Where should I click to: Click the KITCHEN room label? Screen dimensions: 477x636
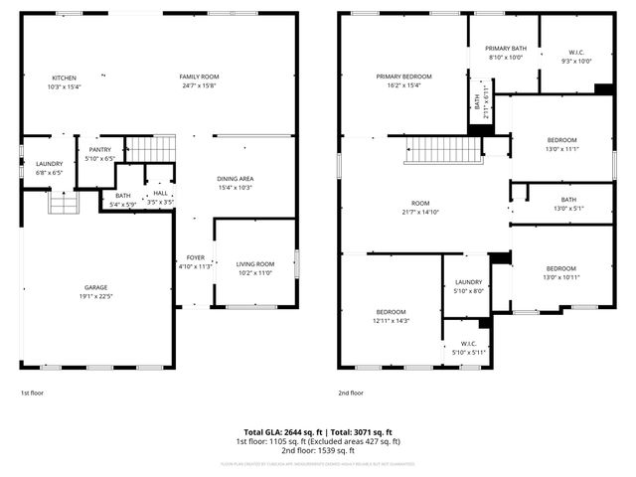(x=64, y=78)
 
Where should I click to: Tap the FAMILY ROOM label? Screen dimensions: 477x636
(x=199, y=78)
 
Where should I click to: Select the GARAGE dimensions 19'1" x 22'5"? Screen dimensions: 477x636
(x=96, y=296)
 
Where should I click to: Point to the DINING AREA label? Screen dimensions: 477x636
(x=236, y=178)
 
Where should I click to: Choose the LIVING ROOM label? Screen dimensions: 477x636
(x=255, y=263)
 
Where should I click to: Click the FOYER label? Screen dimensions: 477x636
(x=195, y=257)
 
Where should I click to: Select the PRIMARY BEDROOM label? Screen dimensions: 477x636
(x=403, y=77)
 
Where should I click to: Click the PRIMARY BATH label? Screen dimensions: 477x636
(x=505, y=48)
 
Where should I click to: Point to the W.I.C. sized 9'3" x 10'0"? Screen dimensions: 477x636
(x=578, y=52)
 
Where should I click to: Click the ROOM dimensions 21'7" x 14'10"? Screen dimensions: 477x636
(x=419, y=212)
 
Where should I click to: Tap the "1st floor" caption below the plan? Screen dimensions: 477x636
(x=33, y=393)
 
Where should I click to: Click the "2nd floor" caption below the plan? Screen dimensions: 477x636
(x=351, y=393)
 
